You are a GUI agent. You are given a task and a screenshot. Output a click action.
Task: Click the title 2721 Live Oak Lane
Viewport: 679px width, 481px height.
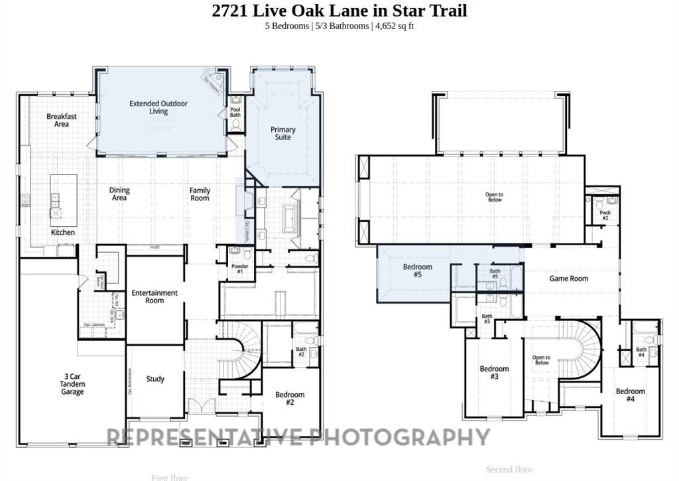click(x=339, y=11)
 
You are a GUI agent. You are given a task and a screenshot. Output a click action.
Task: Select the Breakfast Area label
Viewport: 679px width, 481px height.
click(x=62, y=120)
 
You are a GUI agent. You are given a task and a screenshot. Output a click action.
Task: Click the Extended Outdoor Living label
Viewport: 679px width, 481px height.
click(x=158, y=107)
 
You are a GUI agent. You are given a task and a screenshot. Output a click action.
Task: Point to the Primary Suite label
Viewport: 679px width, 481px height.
click(x=283, y=133)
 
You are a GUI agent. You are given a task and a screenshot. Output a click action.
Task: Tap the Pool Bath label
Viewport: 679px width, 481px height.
click(x=235, y=111)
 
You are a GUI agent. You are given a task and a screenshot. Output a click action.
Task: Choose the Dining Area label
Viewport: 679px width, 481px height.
click(x=119, y=194)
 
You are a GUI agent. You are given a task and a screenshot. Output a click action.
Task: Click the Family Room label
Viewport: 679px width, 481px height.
click(x=200, y=194)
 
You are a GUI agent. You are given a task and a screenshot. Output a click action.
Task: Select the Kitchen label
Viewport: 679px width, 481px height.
click(x=63, y=233)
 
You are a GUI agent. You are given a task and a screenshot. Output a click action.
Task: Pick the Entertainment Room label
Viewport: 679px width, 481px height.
click(x=154, y=297)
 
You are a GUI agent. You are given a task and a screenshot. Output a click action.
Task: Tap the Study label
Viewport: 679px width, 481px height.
click(x=155, y=379)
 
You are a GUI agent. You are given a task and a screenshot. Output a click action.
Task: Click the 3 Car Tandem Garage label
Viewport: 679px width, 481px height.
click(x=72, y=383)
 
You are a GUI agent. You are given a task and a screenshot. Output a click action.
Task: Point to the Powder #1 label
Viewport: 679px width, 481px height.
click(x=240, y=269)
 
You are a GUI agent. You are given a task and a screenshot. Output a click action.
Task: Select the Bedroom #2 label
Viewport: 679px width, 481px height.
click(x=290, y=399)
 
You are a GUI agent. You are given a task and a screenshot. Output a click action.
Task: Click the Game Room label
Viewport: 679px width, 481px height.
click(x=568, y=279)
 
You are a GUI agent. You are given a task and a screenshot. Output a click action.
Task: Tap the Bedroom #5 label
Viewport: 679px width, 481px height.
click(x=418, y=271)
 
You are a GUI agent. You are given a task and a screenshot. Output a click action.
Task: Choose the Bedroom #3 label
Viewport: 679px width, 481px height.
click(x=494, y=373)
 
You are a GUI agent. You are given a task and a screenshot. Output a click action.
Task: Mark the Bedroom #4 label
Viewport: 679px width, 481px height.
click(x=630, y=395)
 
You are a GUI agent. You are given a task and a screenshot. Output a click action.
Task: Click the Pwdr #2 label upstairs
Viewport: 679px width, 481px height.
click(x=605, y=215)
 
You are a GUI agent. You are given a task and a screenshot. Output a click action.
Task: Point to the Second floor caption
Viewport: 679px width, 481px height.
click(x=509, y=470)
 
